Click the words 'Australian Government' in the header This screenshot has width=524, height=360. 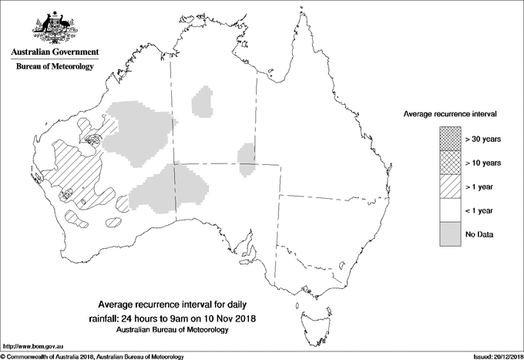click(54, 52)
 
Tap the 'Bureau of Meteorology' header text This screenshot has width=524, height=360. click(54, 67)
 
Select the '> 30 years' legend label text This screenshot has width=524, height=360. click(484, 140)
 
